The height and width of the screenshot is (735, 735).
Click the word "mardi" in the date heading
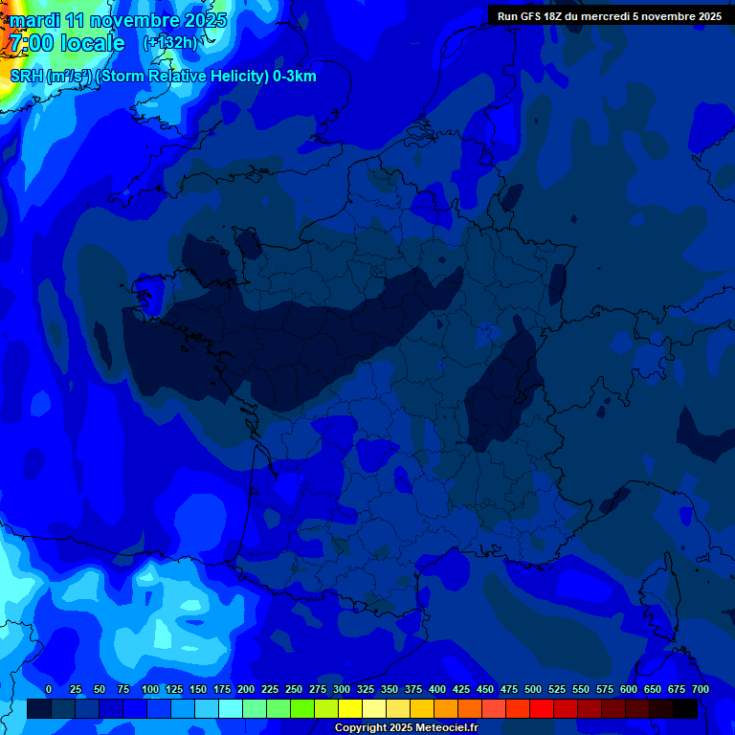[35, 20]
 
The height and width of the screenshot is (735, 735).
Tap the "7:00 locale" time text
[67, 43]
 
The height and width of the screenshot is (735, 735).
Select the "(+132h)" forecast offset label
[171, 43]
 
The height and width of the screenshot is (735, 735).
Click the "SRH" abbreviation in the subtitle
[27, 77]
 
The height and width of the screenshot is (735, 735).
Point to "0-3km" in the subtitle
[295, 77]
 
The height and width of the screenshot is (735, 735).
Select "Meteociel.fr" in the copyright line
[440, 727]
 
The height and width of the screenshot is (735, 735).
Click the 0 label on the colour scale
[49, 689]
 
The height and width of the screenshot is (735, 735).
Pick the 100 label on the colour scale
[150, 689]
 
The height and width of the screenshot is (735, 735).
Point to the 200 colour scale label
[246, 689]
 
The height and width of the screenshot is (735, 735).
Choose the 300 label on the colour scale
[342, 689]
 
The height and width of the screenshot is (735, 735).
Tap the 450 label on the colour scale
[485, 689]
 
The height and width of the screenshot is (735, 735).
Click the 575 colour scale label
[605, 689]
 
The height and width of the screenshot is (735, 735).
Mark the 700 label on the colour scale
[701, 689]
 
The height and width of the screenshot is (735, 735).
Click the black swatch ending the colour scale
[685, 709]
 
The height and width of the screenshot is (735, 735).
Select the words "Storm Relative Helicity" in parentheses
[182, 77]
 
